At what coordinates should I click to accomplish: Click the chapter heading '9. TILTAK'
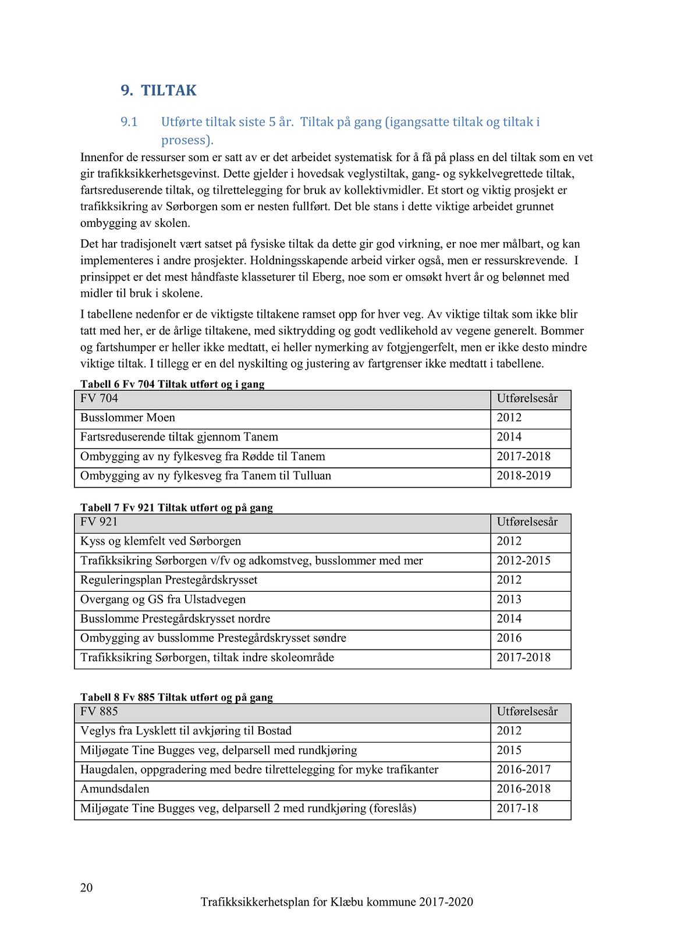[x=158, y=91]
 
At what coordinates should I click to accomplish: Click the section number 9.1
[x=129, y=122]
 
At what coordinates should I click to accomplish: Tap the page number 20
[x=86, y=887]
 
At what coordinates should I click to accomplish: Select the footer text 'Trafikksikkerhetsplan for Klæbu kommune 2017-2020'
[x=336, y=902]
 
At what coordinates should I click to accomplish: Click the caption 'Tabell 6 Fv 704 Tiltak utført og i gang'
[x=172, y=384]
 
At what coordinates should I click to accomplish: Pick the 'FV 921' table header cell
[x=99, y=522]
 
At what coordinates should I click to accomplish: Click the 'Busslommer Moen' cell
[x=127, y=418]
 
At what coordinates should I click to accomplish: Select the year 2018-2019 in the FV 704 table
[x=523, y=476]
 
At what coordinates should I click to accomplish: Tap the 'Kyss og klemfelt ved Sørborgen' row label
[x=161, y=541]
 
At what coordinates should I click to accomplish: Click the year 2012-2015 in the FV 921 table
[x=523, y=561]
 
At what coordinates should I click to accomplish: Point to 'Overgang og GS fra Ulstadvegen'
[x=163, y=599]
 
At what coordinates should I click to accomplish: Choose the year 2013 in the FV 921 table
[x=509, y=599]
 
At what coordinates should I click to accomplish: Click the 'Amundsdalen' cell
[x=115, y=789]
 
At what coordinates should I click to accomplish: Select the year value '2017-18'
[x=517, y=808]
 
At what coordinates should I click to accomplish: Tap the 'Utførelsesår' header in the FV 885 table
[x=527, y=712]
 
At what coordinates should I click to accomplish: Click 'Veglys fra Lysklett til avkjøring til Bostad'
[x=186, y=731]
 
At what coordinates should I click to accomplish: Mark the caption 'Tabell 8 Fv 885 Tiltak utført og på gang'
[x=176, y=697]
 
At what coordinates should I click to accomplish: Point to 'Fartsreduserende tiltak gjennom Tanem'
[x=179, y=437]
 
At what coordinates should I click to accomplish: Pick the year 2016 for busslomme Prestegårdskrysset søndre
[x=509, y=638]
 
